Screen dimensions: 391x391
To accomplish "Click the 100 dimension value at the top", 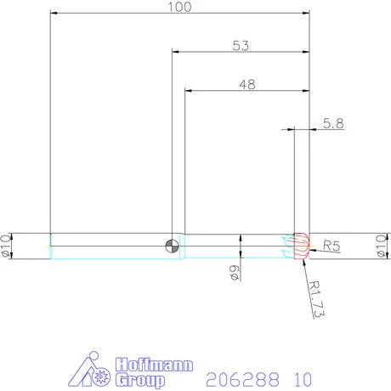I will (x=179, y=7).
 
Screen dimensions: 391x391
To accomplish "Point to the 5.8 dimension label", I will (x=334, y=124).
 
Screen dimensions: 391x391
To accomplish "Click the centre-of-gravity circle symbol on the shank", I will (x=173, y=246).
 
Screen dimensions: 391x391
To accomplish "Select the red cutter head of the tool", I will (x=300, y=246).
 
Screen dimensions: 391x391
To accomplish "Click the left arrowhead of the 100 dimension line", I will (x=54, y=14).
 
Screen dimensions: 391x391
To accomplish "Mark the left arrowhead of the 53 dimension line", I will (x=177, y=53).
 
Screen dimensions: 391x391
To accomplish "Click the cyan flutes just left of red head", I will (x=285, y=247).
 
